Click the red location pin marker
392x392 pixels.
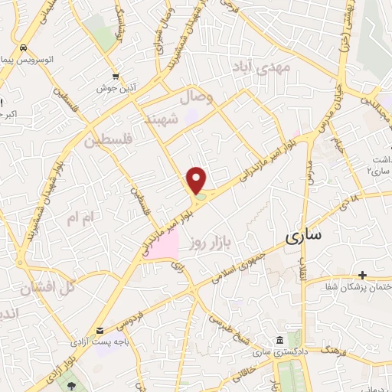tap(198, 179)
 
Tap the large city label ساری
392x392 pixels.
tap(304, 237)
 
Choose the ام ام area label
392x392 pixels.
tap(80, 219)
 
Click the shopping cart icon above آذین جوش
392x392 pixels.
tap(115, 76)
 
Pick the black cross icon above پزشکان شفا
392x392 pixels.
tap(362, 274)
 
